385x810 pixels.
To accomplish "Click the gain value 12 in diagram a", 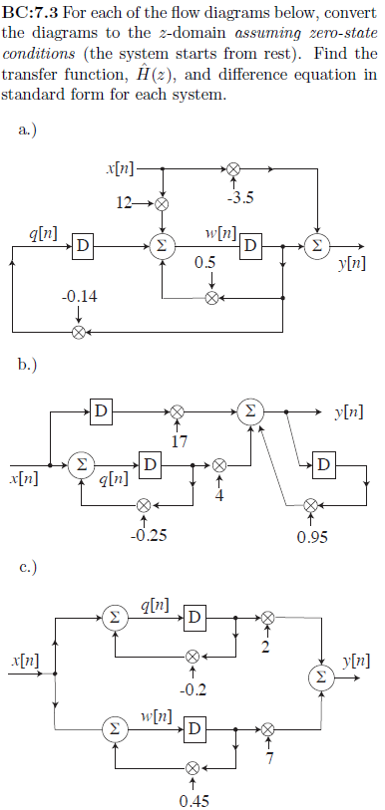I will pos(125,202).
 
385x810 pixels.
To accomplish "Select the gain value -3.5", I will pos(239,197).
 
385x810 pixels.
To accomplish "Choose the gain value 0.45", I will pos(192,800).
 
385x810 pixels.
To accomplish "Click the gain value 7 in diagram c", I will pos(268,762).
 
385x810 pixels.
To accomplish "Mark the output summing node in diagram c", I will pos(320,675).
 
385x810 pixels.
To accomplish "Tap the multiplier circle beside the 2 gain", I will pos(267,618).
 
